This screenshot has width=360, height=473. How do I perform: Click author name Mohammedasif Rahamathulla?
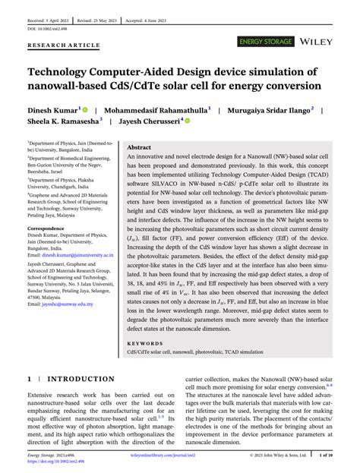point(157,110)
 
